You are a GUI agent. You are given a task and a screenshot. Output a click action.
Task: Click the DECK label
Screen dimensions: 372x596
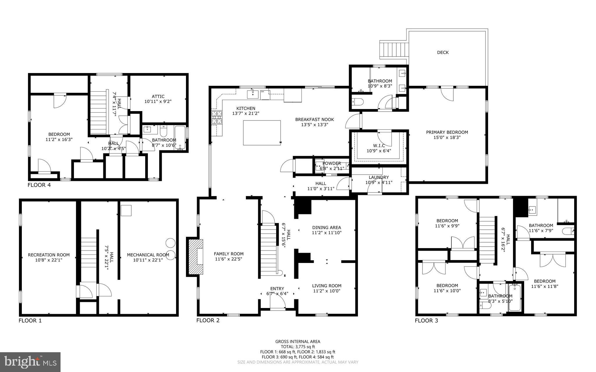[443, 52]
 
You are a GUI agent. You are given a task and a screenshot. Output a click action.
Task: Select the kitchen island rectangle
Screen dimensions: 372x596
[262, 133]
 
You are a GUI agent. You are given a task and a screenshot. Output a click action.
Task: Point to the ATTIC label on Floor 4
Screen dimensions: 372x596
[158, 97]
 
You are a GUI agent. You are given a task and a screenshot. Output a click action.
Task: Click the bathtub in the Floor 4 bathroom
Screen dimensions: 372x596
[180, 138]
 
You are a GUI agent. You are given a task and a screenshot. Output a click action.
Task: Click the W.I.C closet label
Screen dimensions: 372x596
[379, 145]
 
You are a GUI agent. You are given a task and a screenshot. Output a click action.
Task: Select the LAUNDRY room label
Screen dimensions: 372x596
[379, 177]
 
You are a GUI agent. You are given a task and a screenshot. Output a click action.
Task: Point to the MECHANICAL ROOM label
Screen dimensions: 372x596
[148, 255]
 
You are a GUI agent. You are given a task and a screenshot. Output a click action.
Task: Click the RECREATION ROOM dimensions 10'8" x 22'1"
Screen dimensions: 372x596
[49, 260]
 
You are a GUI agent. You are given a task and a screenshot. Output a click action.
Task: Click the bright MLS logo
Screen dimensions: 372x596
[30, 362]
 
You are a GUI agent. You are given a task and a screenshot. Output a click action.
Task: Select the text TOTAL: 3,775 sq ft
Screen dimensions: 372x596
[298, 347]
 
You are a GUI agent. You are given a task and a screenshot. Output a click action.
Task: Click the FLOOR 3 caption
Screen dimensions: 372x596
[426, 321]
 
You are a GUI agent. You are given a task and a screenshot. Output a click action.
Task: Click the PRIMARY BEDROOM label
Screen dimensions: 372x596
[447, 132]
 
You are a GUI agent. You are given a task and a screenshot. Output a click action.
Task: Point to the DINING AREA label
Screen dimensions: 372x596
[327, 227]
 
